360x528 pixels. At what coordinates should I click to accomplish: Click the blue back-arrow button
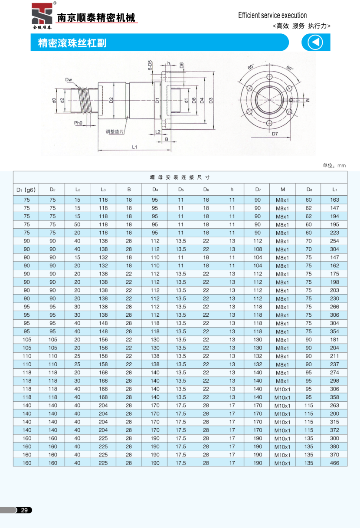316,43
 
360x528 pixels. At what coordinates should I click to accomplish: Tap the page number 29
25,510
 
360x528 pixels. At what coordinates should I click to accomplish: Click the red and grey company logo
42,15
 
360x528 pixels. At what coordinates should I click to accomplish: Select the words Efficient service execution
272,15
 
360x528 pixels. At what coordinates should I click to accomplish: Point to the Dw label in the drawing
69,80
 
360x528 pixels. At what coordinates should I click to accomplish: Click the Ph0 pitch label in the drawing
78,123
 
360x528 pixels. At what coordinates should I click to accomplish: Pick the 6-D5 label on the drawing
149,68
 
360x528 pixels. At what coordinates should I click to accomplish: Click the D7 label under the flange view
275,134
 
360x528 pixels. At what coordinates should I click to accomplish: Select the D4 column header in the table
155,190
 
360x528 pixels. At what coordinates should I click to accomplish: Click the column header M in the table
282,190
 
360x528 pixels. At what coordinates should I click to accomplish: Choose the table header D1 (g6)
26,190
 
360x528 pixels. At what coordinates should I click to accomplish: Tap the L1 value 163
334,200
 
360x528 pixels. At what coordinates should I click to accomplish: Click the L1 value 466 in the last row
334,463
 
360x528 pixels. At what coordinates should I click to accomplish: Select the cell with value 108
258,249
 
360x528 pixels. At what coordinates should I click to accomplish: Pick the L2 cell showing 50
78,225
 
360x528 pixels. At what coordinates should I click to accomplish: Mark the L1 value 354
334,331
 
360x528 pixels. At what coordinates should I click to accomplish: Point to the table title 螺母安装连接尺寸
180,177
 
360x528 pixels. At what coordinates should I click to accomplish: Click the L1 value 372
334,430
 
